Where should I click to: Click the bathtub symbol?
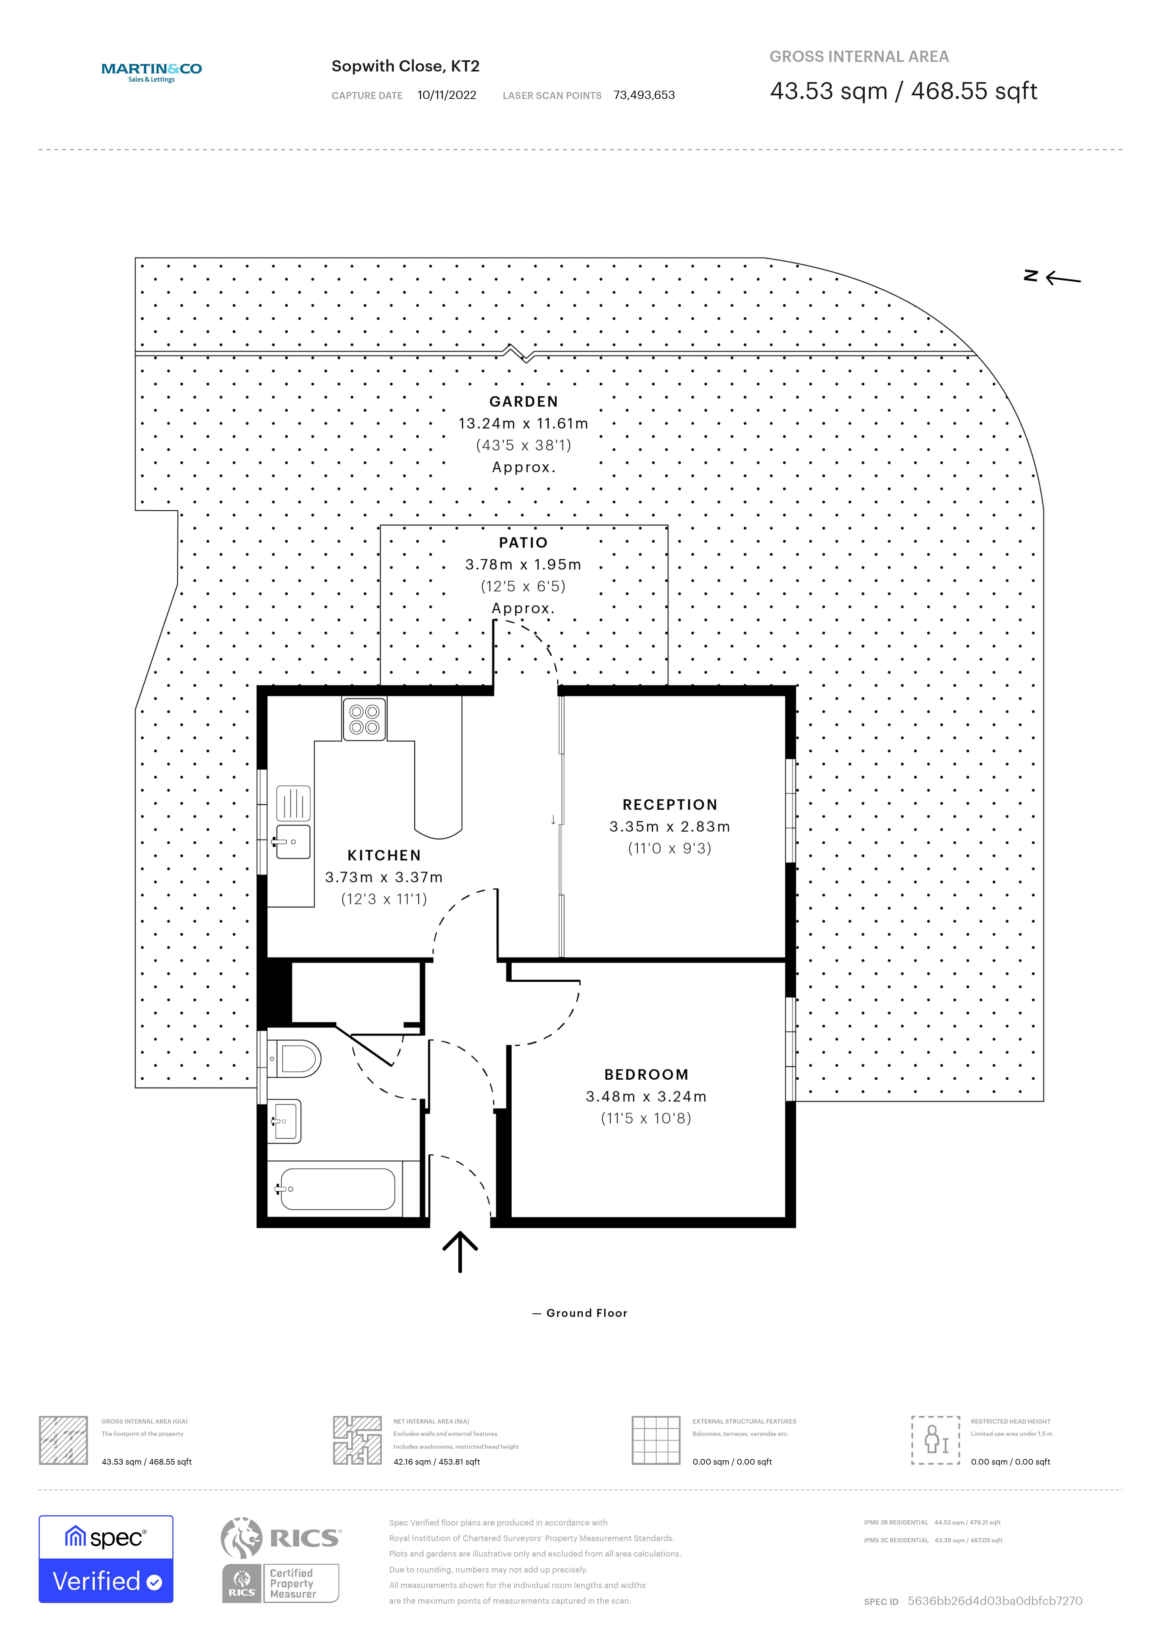(x=338, y=1189)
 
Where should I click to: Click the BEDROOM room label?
(x=646, y=1075)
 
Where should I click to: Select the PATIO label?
(x=523, y=543)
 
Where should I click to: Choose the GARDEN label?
(x=523, y=402)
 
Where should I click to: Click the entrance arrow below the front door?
(x=460, y=1251)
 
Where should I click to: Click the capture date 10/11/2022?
(x=447, y=95)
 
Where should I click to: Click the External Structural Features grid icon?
(x=656, y=1440)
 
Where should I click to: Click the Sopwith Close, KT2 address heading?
(x=405, y=67)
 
